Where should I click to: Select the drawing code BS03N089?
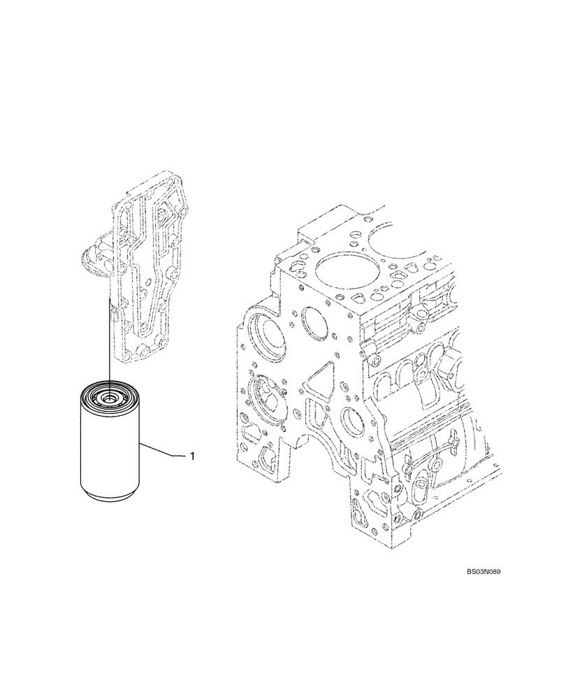tap(484, 571)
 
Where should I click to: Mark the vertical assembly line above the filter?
tap(110, 336)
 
